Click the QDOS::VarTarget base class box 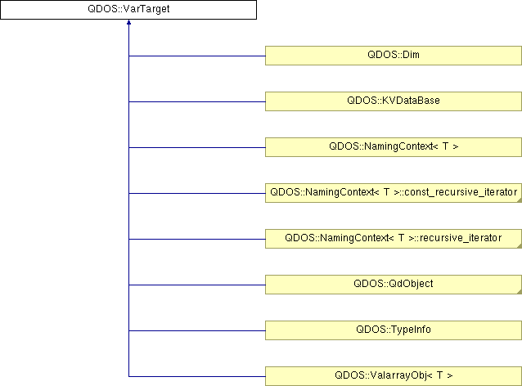click(x=128, y=10)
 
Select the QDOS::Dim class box click(x=394, y=56)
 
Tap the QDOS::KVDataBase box click(x=394, y=101)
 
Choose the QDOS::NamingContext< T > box click(x=394, y=147)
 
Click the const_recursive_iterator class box click(x=394, y=193)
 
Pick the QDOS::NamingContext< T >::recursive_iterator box click(x=394, y=239)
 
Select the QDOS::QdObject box click(x=394, y=285)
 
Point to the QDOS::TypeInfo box click(x=394, y=330)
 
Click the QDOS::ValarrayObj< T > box click(x=394, y=376)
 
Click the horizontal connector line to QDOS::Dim click(x=196, y=56)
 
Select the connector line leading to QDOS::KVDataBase click(x=196, y=101)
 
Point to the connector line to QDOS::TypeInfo click(x=196, y=330)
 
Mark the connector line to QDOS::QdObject click(x=196, y=285)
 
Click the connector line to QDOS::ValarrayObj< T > click(x=196, y=376)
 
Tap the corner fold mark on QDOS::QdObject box click(x=518, y=291)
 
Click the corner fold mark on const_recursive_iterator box click(x=518, y=200)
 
